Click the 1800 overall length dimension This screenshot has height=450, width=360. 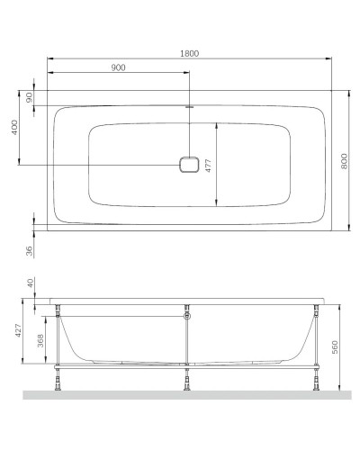click(188, 53)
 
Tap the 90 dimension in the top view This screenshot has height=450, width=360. click(30, 98)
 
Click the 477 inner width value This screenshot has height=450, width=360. click(208, 166)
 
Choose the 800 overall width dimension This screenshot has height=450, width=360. click(344, 161)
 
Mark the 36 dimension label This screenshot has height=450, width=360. click(30, 250)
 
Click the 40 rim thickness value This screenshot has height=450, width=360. click(30, 283)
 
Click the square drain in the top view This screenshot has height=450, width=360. click(188, 165)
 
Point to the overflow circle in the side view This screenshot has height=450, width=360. click(186, 315)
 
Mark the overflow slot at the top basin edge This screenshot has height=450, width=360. click(188, 107)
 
